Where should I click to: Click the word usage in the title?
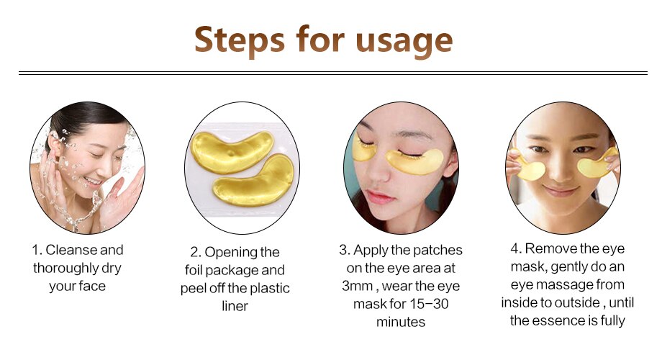[x=410, y=41]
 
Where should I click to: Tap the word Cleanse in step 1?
[x=74, y=251]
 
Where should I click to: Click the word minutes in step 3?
[x=401, y=322]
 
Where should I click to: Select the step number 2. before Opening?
[x=195, y=253]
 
